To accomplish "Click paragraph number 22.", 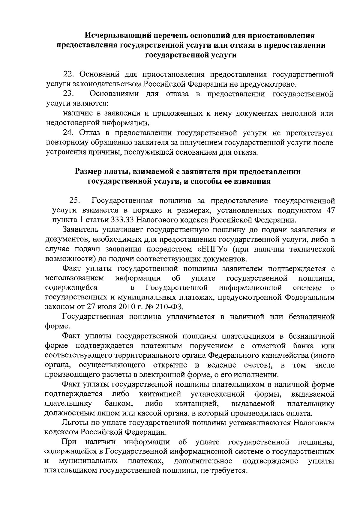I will pyautogui.click(x=68, y=74).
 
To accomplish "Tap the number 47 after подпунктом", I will pyautogui.click(x=330, y=210).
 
